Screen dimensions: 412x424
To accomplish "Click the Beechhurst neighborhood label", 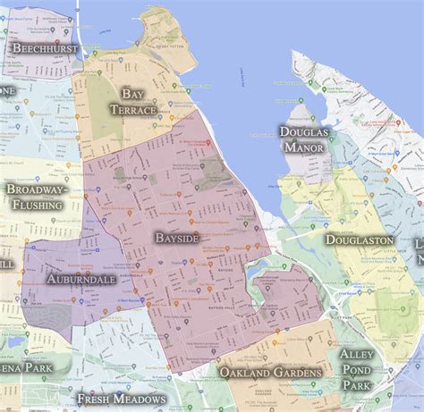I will click(x=43, y=48).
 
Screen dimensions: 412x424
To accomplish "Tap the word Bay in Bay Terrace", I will click(x=132, y=94).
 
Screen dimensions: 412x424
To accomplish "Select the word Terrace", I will click(x=132, y=110).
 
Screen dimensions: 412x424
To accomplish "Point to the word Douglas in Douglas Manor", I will click(x=303, y=131).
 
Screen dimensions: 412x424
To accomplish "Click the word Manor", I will click(x=303, y=147).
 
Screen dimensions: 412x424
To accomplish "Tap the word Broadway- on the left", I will click(x=38, y=189).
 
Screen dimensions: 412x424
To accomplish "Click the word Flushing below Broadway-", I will click(x=38, y=205).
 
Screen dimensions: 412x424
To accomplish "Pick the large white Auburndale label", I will click(x=81, y=279).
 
